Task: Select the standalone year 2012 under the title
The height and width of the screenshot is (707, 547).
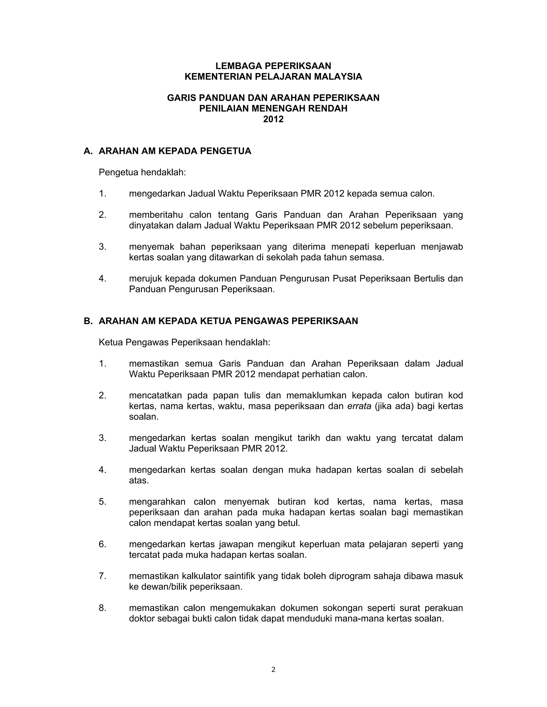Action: pos(273,120)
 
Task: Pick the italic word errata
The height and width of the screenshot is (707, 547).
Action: pos(359,406)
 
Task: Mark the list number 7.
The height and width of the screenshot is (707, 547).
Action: pos(102,576)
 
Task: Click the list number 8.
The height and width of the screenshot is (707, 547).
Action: pos(102,608)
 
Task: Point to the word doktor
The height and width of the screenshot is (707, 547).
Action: pos(142,619)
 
